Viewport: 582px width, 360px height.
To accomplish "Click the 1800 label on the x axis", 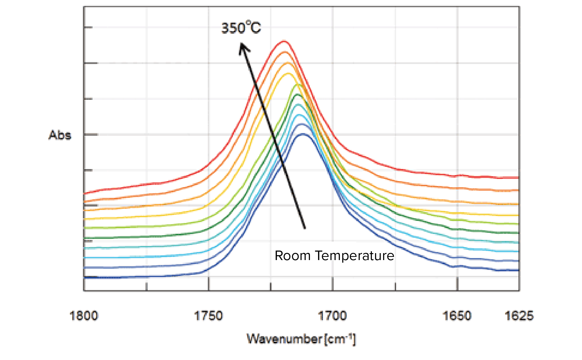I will pyautogui.click(x=84, y=316).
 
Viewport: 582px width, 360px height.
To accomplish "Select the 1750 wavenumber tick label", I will pyautogui.click(x=208, y=316).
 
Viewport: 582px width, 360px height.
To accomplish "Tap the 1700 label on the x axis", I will pyautogui.click(x=332, y=316).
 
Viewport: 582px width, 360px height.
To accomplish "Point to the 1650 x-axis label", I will pyautogui.click(x=457, y=316).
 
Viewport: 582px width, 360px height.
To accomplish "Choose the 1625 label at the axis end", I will pyautogui.click(x=519, y=316).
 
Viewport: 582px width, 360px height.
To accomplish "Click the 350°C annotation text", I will pyautogui.click(x=241, y=28).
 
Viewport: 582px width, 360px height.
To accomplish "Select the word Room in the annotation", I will pyautogui.click(x=292, y=256).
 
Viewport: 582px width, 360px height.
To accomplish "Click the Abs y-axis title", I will pyautogui.click(x=60, y=135).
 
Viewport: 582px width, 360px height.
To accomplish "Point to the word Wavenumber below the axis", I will pyautogui.click(x=284, y=339).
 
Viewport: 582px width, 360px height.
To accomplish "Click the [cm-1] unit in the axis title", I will pyautogui.click(x=340, y=339).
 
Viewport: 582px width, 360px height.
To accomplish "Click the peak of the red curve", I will pyautogui.click(x=284, y=41).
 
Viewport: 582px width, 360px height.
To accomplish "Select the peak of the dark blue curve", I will pyautogui.click(x=303, y=134).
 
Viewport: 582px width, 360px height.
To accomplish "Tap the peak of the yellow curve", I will pyautogui.click(x=288, y=73).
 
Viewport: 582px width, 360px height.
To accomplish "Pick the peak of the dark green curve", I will pyautogui.click(x=298, y=94).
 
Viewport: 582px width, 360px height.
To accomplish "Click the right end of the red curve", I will pyautogui.click(x=518, y=177).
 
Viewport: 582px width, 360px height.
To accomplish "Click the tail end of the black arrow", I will pyautogui.click(x=305, y=228).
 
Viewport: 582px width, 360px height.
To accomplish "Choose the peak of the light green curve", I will pyautogui.click(x=297, y=85).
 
